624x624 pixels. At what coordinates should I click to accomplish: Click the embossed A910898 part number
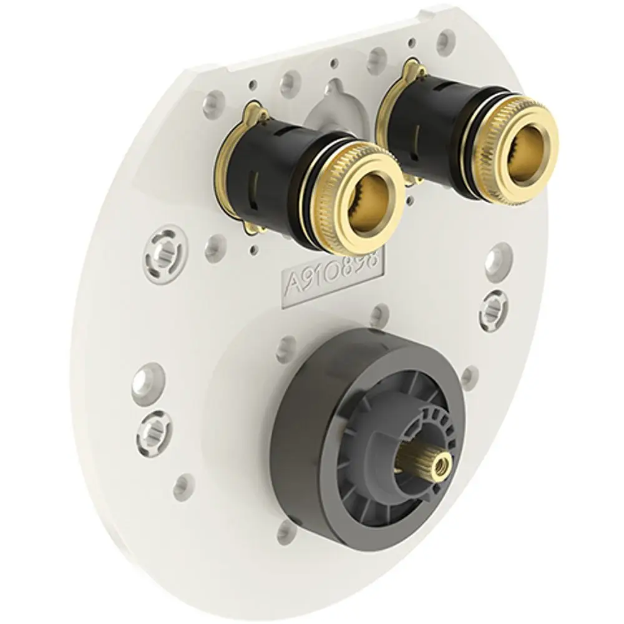[x=333, y=278]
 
